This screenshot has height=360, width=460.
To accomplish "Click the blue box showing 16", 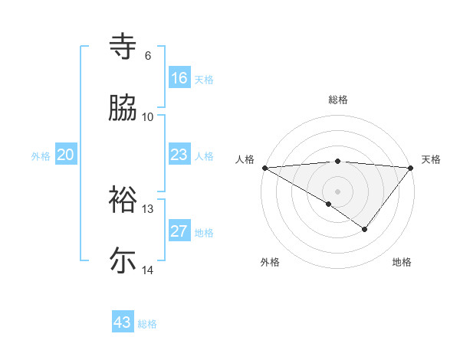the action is coord(179,78).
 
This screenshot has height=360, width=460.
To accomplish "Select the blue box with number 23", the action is coord(179,155).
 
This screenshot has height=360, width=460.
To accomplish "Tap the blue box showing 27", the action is coord(179,231).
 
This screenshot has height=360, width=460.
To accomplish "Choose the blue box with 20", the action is coord(66,155).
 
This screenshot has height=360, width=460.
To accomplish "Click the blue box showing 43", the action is coord(123,322).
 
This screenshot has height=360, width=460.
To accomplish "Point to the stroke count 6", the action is coord(148,56).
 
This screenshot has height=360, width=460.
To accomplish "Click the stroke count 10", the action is coord(148,117).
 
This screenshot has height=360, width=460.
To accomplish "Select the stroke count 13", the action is coord(148,209).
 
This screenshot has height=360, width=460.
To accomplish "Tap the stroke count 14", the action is coord(148,270).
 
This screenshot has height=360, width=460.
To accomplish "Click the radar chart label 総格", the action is coord(338,100).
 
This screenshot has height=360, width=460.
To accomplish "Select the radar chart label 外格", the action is coord(270,262).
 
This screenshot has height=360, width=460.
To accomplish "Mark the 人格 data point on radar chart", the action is coord(264,167).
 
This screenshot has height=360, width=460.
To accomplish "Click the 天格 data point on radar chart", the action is coord(411,167).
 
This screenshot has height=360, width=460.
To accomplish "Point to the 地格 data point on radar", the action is coord(365,229).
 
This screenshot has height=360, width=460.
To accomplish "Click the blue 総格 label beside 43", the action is coord(147,324).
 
